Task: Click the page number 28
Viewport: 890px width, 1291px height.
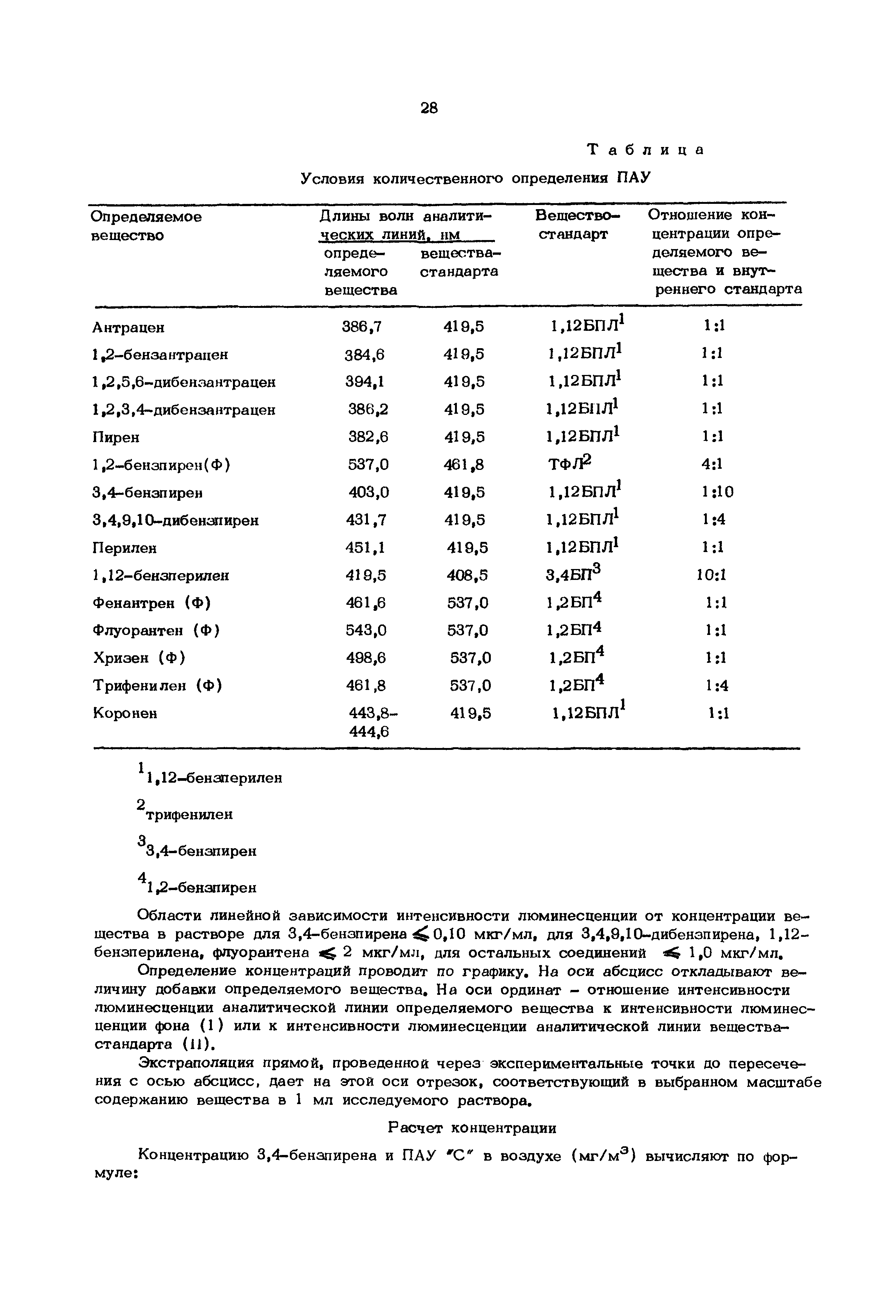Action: [429, 108]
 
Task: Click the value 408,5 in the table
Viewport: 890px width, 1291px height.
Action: [467, 575]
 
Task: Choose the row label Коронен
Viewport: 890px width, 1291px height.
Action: [125, 713]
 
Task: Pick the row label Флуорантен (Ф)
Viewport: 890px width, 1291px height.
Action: [156, 630]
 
